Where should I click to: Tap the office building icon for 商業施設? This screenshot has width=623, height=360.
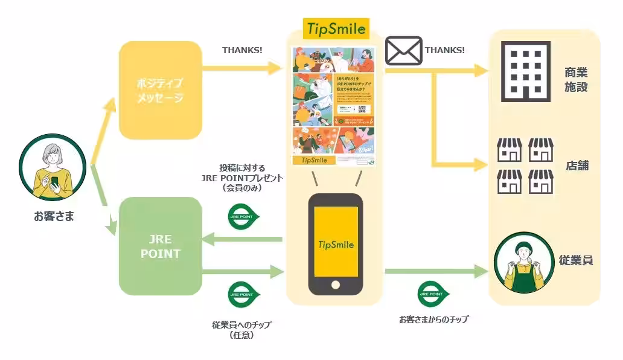(x=526, y=71)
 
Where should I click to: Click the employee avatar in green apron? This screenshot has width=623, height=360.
(x=524, y=262)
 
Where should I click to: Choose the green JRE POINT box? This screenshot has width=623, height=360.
(x=160, y=246)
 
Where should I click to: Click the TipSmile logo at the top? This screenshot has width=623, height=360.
(x=336, y=28)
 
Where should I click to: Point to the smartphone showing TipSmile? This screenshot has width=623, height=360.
(x=336, y=244)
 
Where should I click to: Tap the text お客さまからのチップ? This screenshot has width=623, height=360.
(x=433, y=319)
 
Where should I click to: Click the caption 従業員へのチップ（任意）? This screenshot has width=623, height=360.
(x=241, y=330)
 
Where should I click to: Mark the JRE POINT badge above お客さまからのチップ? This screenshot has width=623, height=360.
(x=434, y=295)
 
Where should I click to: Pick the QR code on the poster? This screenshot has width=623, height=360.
(x=362, y=109)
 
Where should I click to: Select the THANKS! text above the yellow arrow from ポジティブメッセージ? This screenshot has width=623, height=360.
(x=242, y=50)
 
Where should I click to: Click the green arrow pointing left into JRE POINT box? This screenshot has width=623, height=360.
(x=241, y=240)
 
